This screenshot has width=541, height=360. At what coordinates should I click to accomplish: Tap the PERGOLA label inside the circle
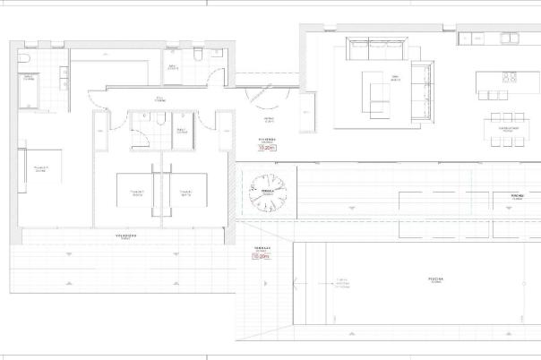tap(266, 191)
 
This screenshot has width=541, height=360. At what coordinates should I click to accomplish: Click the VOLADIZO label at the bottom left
tap(125, 236)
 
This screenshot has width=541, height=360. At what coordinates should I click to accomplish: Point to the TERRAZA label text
tap(262, 248)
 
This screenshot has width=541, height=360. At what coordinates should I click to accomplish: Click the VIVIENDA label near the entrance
tap(268, 140)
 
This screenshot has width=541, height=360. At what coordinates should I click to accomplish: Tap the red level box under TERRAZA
tap(262, 256)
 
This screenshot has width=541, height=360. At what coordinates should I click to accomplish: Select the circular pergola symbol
tap(266, 193)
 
